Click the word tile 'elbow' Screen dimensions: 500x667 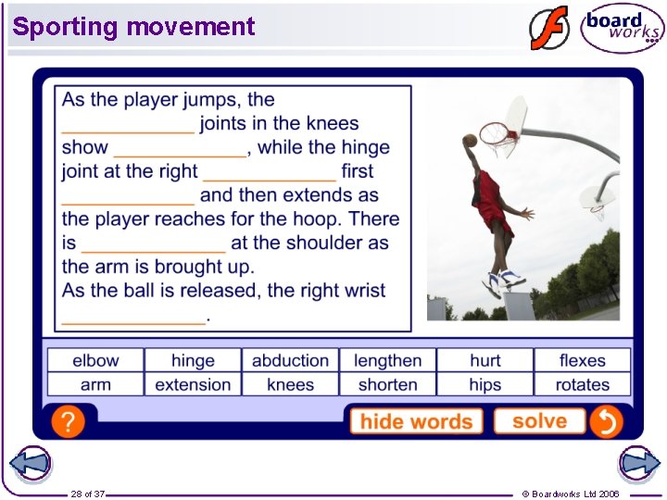pos(95,360)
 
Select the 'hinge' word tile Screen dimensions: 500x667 pos(193,360)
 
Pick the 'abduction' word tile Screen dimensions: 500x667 pos(290,360)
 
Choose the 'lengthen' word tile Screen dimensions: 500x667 pos(387,360)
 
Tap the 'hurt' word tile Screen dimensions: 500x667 pos(485,360)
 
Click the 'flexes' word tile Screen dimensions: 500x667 pos(582,360)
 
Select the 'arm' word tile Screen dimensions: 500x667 pos(95,384)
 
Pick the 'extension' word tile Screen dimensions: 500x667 pos(193,384)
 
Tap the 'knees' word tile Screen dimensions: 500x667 pos(290,384)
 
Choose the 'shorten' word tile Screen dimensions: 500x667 pos(387,384)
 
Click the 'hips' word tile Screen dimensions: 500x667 pos(485,384)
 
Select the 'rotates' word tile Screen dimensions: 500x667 pos(582,384)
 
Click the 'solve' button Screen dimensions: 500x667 pos(539,421)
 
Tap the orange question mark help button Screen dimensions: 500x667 pos(68,422)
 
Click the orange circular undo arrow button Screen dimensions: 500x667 pos(606,422)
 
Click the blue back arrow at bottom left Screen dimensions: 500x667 pos(30,463)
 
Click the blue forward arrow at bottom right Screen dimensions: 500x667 pos(638,463)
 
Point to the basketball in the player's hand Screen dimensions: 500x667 pos(470,141)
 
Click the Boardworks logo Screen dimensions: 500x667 pos(622,28)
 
